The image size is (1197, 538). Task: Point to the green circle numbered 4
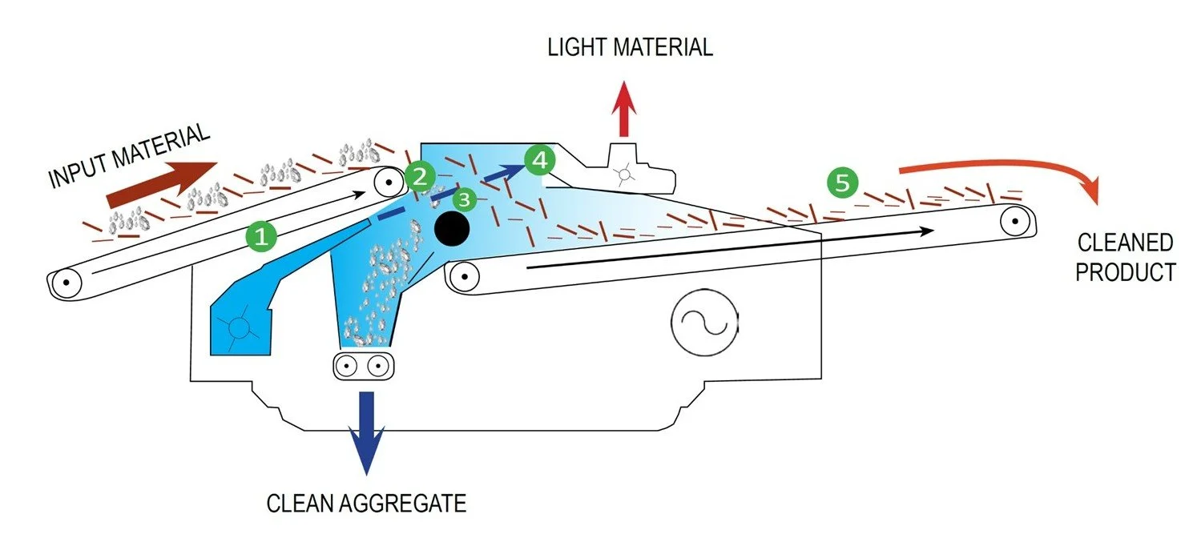click(x=539, y=160)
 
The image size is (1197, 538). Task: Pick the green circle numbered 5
click(x=842, y=183)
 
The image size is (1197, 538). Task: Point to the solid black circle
click(x=452, y=230)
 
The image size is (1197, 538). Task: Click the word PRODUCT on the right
click(x=1125, y=271)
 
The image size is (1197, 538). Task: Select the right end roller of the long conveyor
click(x=1014, y=219)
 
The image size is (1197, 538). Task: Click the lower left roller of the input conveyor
click(x=66, y=283)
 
